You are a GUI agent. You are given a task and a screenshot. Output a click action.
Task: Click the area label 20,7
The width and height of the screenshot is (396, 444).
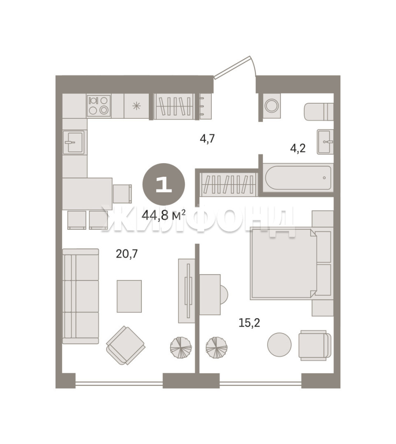[x=127, y=253]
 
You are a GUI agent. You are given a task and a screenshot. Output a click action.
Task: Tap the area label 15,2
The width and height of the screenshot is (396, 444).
[x=249, y=323]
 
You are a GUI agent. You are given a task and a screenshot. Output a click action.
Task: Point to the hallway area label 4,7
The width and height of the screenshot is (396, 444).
[x=207, y=139]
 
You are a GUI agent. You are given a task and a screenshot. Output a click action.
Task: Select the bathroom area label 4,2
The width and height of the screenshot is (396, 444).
[x=298, y=148]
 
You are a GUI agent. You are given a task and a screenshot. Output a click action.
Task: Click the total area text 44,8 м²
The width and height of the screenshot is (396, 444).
[x=164, y=215]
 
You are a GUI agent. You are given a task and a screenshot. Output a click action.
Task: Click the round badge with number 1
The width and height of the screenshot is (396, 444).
[x=164, y=185]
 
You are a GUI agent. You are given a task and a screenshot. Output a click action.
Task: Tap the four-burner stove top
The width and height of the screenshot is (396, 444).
[x=98, y=105]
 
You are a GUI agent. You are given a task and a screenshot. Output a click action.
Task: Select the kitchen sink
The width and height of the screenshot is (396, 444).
[x=74, y=142]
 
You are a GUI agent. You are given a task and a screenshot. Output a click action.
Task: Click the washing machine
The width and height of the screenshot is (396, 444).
[x=272, y=106]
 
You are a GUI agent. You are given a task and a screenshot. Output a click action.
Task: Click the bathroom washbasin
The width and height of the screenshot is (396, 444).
[x=325, y=141]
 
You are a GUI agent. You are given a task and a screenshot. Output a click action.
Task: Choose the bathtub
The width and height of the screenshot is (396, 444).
[x=297, y=178]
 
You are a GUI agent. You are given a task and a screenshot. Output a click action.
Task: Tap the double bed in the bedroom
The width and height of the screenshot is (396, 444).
[x=291, y=264]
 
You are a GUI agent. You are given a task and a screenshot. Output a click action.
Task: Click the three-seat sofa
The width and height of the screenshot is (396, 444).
[x=81, y=296]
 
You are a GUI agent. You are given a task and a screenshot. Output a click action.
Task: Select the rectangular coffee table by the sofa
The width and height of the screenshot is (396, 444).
[x=129, y=296]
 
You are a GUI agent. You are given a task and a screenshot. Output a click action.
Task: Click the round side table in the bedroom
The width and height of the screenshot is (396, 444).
[x=279, y=345]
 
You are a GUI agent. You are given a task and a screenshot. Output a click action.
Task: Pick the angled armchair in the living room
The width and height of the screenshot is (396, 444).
[x=126, y=345]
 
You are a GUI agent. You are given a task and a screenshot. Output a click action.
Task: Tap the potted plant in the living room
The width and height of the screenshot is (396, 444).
[x=181, y=347]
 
